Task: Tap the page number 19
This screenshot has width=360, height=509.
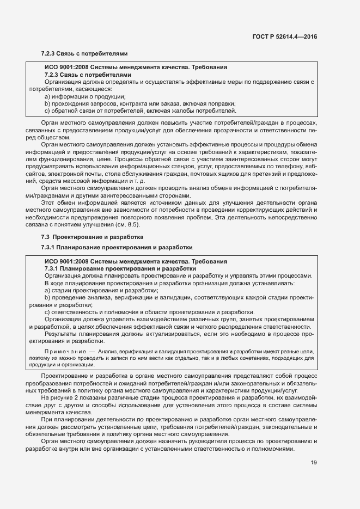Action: (x=314, y=463)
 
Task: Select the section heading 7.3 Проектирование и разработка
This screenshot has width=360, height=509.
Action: (x=84, y=237)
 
